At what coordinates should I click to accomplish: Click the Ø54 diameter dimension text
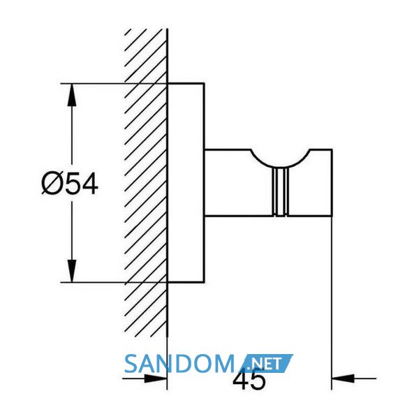click(70, 183)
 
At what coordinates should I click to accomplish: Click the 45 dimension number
click(249, 380)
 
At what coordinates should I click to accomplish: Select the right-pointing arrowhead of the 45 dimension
click(155, 378)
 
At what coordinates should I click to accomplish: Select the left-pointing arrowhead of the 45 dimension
click(343, 378)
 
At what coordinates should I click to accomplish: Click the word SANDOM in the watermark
click(179, 364)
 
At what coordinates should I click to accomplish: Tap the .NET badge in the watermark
click(267, 363)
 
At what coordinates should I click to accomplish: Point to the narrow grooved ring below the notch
click(280, 192)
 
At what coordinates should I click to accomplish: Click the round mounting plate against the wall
click(186, 183)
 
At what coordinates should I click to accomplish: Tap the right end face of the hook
click(332, 182)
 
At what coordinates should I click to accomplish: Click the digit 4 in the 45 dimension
click(241, 379)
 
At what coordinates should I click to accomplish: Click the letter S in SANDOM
click(131, 364)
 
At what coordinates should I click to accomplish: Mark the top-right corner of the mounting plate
click(205, 83)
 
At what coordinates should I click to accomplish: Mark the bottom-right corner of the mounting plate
click(205, 282)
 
